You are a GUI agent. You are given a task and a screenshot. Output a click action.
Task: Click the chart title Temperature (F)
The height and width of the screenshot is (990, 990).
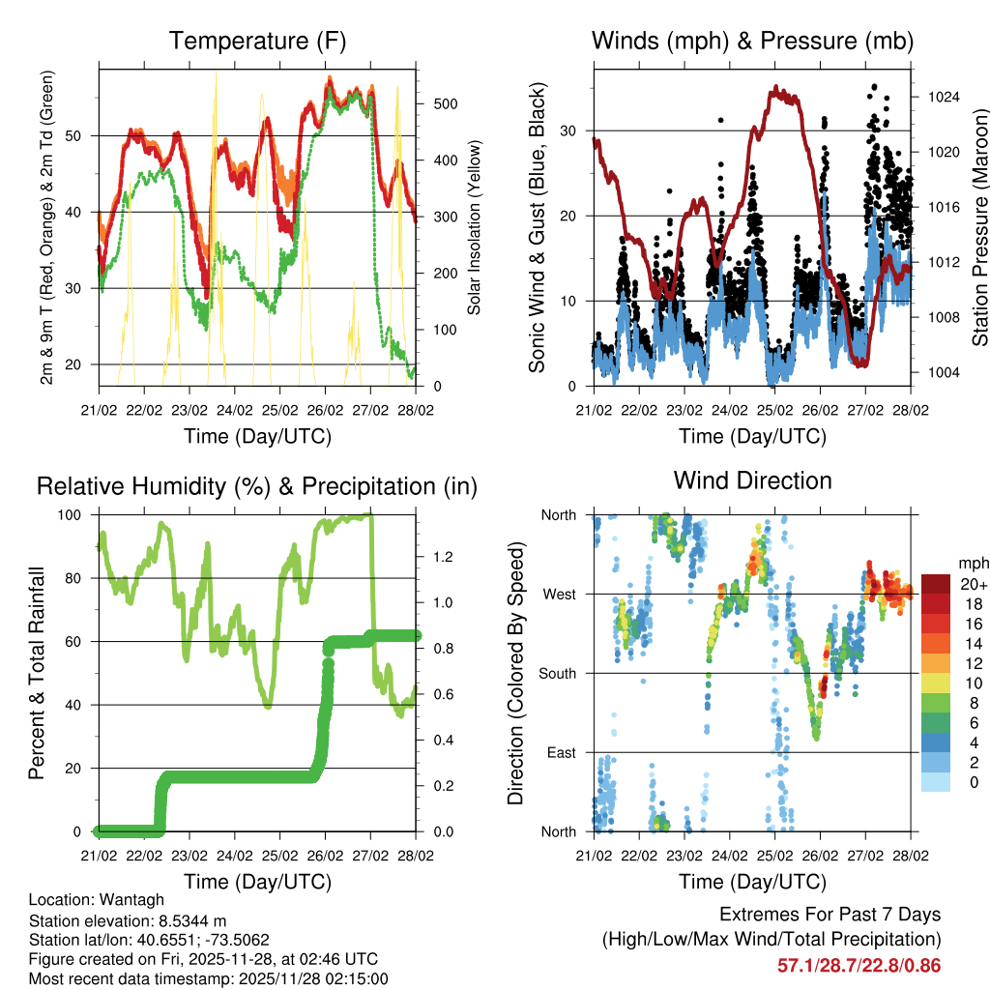coord(257,42)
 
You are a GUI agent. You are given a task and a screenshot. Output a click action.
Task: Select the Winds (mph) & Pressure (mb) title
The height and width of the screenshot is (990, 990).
coord(752,42)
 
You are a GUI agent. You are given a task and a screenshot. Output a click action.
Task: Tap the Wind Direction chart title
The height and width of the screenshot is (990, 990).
coord(752,480)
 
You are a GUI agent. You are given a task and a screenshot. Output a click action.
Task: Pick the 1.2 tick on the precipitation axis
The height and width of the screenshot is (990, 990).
coord(436,557)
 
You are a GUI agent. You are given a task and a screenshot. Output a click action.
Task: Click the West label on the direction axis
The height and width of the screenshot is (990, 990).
coord(559,594)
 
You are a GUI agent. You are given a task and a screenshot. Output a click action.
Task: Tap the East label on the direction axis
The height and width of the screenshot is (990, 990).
coord(561,752)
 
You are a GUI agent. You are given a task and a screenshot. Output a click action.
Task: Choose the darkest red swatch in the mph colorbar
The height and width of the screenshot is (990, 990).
coord(936,584)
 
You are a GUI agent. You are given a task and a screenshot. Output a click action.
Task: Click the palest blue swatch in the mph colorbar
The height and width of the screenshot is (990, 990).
coord(936,781)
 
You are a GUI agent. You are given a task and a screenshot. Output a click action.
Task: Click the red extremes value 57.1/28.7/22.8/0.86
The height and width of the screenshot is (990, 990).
coord(859,965)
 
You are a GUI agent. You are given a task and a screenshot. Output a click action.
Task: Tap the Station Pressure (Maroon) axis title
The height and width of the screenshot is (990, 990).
coord(979,227)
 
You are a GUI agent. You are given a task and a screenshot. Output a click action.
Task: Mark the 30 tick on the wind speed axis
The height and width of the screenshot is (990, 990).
coord(571,131)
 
